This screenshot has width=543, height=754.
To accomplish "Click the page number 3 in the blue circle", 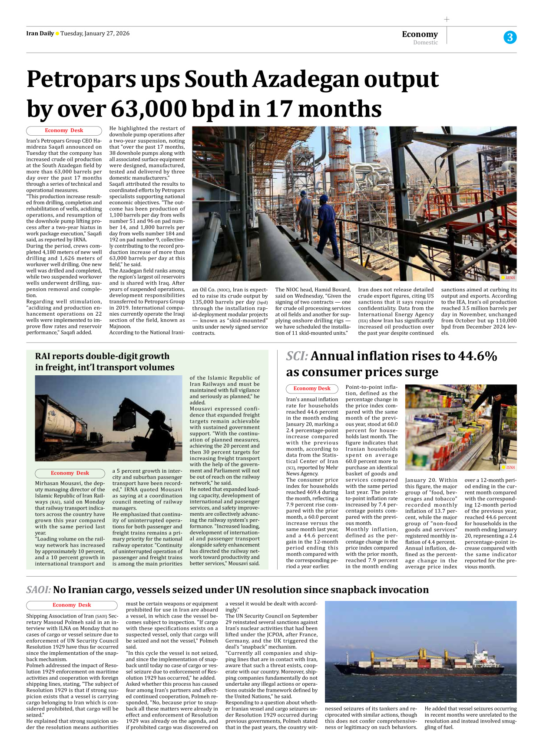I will click(510, 37).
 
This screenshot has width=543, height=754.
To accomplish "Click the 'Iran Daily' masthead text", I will click(40, 33).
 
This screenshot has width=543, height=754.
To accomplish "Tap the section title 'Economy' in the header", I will click(420, 34).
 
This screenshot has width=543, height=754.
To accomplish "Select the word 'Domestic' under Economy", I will click(425, 43).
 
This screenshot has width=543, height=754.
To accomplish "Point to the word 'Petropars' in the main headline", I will click(81, 80).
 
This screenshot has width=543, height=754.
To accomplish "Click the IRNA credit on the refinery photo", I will click(510, 277).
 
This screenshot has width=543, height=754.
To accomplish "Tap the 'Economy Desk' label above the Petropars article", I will click(64, 130).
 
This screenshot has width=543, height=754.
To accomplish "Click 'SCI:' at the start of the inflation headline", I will click(297, 356).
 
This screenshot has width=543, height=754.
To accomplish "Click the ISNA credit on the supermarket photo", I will click(510, 467).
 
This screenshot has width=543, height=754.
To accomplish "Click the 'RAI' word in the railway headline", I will click(43, 356).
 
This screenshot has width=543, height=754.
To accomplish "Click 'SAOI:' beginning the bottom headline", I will click(38, 590).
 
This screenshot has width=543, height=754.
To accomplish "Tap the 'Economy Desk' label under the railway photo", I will click(70, 473).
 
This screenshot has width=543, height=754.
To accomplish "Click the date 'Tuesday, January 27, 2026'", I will click(95, 33).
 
